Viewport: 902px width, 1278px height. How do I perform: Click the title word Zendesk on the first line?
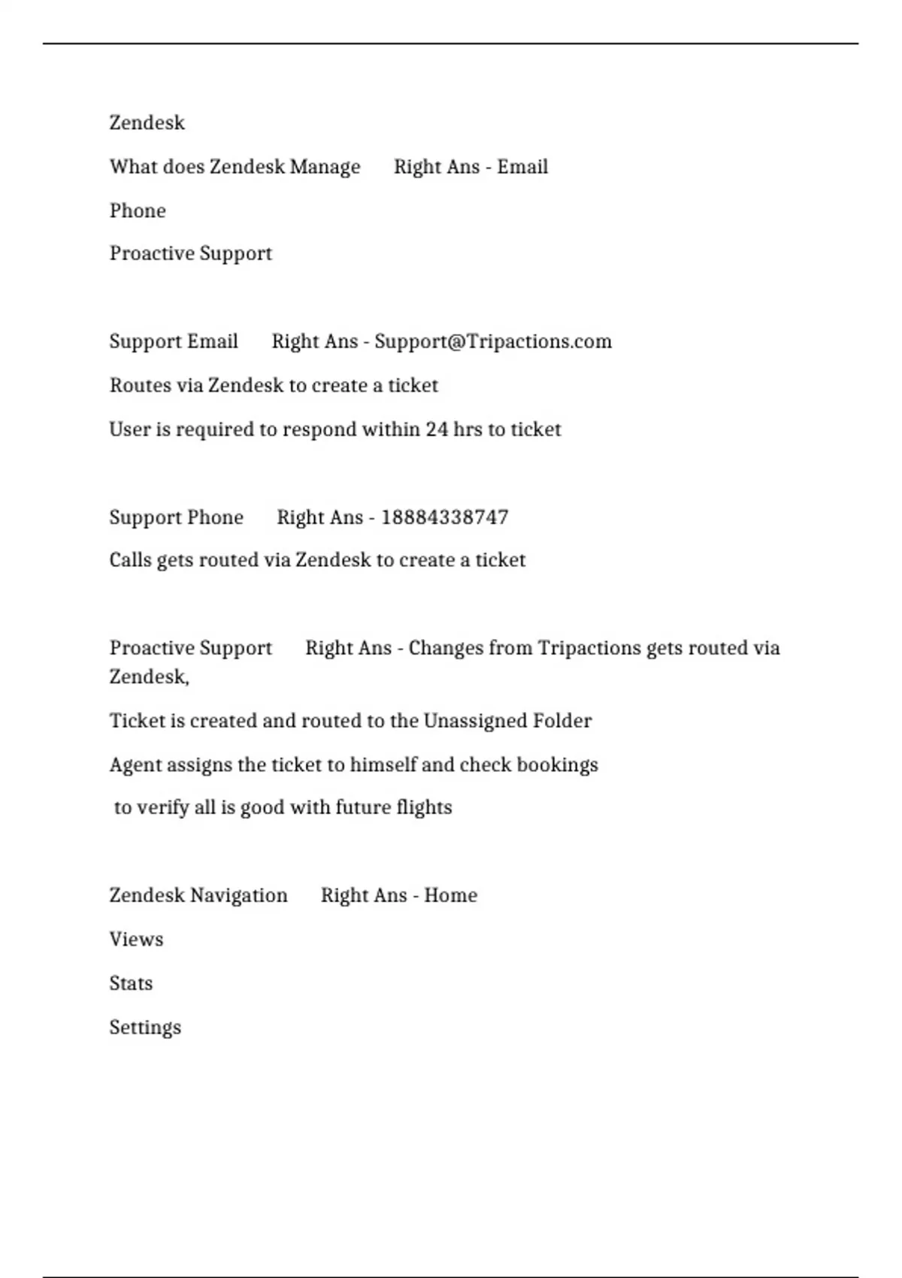coord(147,123)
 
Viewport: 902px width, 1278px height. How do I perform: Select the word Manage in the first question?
coord(325,167)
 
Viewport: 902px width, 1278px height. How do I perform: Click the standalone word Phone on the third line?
coord(138,210)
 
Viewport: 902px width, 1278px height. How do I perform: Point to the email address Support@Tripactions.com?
coord(492,341)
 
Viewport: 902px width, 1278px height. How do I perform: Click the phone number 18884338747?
coord(444,517)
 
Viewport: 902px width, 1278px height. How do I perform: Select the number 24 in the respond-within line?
coord(437,429)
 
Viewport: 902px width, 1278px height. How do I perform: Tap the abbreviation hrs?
coord(468,429)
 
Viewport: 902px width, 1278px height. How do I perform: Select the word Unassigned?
coord(474,721)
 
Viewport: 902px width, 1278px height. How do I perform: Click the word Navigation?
coord(238,895)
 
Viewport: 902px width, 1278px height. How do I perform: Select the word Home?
coord(450,895)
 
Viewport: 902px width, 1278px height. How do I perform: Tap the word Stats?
coord(131,983)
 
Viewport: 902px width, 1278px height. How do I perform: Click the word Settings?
coord(145,1028)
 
